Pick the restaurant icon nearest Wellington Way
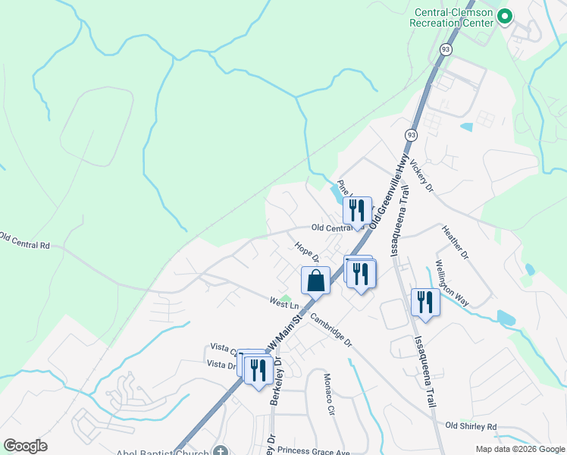tap(425, 303)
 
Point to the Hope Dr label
tap(306, 252)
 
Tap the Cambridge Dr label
tap(331, 331)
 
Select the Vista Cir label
tap(222, 348)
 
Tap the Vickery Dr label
tap(420, 175)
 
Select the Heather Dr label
tap(456, 243)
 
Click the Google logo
tap(25, 446)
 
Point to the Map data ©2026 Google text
tap(520, 449)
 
